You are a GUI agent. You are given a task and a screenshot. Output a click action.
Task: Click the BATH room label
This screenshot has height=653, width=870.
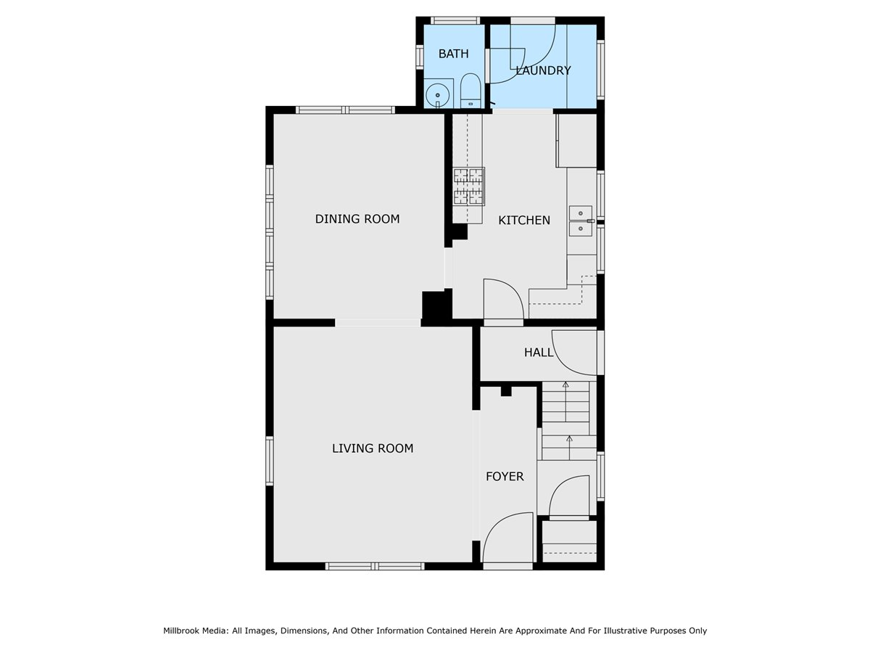pyautogui.click(x=453, y=54)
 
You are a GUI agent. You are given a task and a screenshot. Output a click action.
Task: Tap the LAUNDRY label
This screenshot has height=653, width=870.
pyautogui.click(x=543, y=70)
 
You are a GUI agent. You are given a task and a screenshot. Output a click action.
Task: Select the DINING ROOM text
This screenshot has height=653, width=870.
pyautogui.click(x=357, y=219)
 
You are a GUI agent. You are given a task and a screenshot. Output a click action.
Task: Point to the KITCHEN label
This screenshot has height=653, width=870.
pyautogui.click(x=524, y=220)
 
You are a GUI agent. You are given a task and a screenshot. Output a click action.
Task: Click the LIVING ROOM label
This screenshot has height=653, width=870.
pyautogui.click(x=373, y=448)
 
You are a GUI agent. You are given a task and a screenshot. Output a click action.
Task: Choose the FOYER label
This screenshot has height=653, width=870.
pyautogui.click(x=505, y=476)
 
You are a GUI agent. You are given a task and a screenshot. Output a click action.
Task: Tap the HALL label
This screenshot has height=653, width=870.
pyautogui.click(x=539, y=353)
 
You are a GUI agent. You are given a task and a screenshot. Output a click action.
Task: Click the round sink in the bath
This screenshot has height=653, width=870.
pyautogui.click(x=438, y=96)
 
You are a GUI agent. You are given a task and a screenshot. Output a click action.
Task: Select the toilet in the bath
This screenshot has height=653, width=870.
pyautogui.click(x=471, y=91)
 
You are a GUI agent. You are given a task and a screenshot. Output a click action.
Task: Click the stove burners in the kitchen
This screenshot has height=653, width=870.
pyautogui.click(x=469, y=186)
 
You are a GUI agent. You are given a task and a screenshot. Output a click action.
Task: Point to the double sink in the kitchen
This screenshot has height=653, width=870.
pyautogui.click(x=581, y=221)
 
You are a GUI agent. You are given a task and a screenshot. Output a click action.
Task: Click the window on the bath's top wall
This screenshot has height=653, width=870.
pyautogui.click(x=455, y=20)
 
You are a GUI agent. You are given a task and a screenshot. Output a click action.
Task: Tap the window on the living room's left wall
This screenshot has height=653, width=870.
pyautogui.click(x=270, y=461)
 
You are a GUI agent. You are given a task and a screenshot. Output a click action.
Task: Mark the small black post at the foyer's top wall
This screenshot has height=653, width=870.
pyautogui.click(x=506, y=391)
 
